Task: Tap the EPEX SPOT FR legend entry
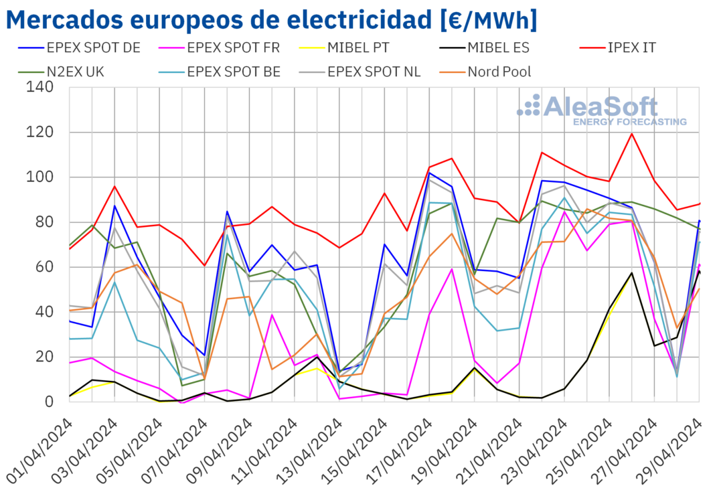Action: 224,48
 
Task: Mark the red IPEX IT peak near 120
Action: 631,133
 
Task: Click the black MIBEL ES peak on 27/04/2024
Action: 631,272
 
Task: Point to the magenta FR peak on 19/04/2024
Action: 452,269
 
